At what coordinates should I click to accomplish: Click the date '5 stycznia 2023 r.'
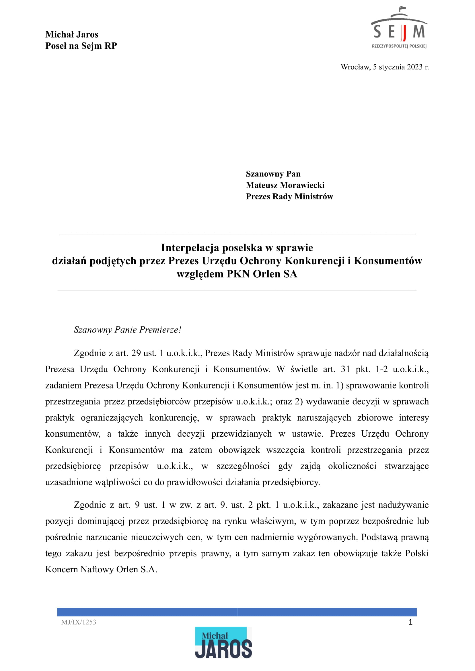click(x=400, y=67)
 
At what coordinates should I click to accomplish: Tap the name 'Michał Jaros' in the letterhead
click(x=72, y=34)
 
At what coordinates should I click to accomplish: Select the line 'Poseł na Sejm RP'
click(x=81, y=46)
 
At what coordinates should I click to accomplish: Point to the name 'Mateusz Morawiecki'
click(x=285, y=185)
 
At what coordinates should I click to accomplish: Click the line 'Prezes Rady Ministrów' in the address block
click(x=289, y=197)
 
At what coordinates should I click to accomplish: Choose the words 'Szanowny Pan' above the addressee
click(x=273, y=174)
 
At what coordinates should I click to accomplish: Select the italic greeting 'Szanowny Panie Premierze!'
click(x=128, y=330)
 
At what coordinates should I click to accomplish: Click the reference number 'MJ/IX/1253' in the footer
click(x=79, y=622)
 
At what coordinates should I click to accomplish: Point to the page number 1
click(x=410, y=622)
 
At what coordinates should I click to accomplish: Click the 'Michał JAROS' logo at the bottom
click(x=223, y=643)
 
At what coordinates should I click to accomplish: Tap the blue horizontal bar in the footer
click(x=237, y=612)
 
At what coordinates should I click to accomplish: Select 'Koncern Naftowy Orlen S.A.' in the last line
click(x=101, y=569)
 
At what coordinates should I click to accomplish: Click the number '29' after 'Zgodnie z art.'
click(x=136, y=353)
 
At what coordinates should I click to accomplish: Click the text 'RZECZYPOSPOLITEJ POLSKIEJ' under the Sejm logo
click(x=399, y=46)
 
